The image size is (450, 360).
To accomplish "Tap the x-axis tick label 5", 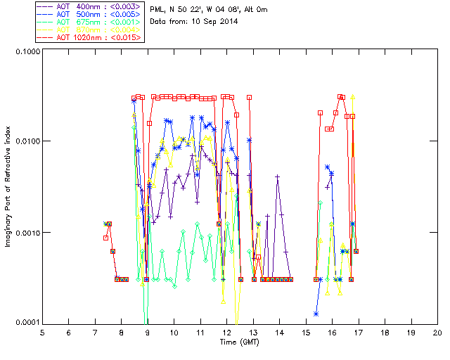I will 42,333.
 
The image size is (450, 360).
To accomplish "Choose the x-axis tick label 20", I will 437,333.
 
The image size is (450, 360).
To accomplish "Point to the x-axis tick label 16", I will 332,333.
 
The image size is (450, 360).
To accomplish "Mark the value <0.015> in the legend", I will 122,37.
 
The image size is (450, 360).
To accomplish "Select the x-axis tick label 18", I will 385,333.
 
